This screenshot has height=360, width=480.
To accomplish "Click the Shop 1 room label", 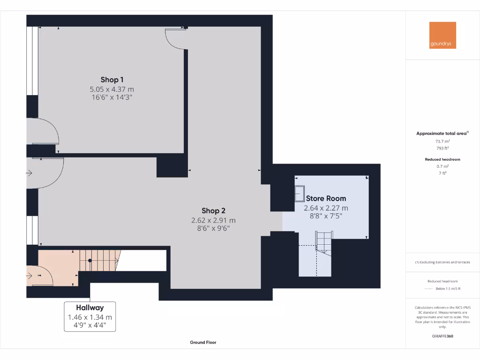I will tap(112, 80).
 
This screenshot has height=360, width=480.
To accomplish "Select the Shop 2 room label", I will tap(213, 210).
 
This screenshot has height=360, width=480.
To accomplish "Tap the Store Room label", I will tap(326, 198).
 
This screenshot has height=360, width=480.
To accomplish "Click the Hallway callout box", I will tap(90, 317).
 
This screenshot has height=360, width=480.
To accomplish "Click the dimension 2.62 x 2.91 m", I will tap(213, 220).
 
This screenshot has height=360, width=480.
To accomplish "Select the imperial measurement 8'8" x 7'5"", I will tap(326, 216).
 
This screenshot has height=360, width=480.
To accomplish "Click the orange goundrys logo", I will tap(442, 35).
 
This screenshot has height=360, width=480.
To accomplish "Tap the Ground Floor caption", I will tap(203, 342).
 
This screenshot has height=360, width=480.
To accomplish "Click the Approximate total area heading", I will tap(442, 134).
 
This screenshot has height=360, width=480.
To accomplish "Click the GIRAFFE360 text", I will tap(442, 336).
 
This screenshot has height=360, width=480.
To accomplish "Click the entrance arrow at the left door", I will tap(29, 173).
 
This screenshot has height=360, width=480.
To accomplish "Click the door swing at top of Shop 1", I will tap(175, 39).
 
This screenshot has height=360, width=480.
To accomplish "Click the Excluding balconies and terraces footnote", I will tap(442, 262).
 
